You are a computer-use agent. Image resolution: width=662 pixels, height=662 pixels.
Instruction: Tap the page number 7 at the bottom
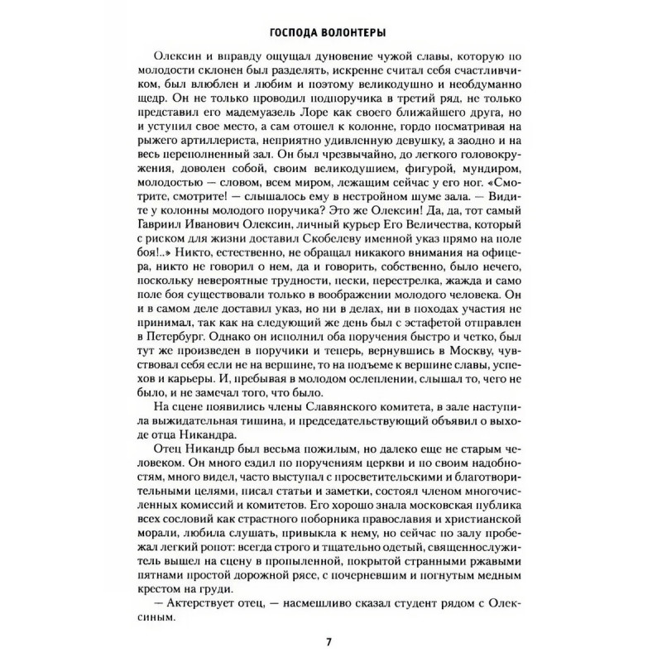point(330,643)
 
